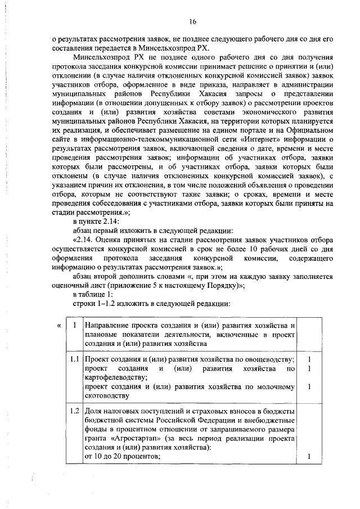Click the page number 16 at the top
tap(192, 21)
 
